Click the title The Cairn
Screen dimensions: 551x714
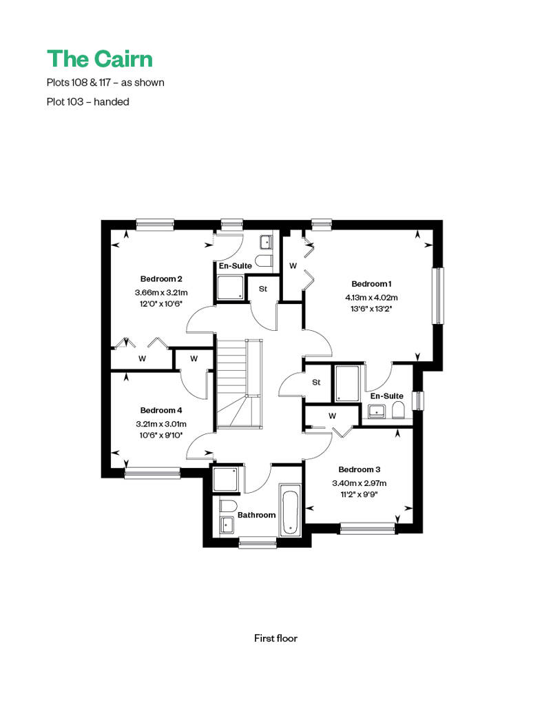click(x=100, y=59)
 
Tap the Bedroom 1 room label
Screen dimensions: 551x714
click(x=371, y=284)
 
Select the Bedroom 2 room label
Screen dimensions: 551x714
click(x=161, y=278)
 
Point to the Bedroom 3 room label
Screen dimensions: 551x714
click(x=359, y=469)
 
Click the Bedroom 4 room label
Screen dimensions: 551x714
click(x=161, y=410)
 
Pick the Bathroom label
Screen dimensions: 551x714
click(x=257, y=515)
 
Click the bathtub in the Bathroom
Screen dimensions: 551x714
click(x=290, y=509)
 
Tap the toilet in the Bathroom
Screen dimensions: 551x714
click(x=229, y=506)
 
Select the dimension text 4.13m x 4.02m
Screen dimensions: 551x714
click(x=371, y=297)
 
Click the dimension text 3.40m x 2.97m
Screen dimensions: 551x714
click(x=359, y=483)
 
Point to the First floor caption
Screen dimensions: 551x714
click(x=275, y=638)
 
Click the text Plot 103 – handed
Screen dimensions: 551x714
click(x=87, y=101)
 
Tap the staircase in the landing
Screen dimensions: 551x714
click(x=239, y=383)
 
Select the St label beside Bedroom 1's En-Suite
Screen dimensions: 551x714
click(x=316, y=382)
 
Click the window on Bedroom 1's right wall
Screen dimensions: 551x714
click(x=437, y=296)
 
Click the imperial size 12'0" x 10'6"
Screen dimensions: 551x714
click(x=161, y=304)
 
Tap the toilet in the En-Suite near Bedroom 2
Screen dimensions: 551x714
click(x=263, y=261)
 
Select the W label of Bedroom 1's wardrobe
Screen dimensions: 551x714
click(x=293, y=265)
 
